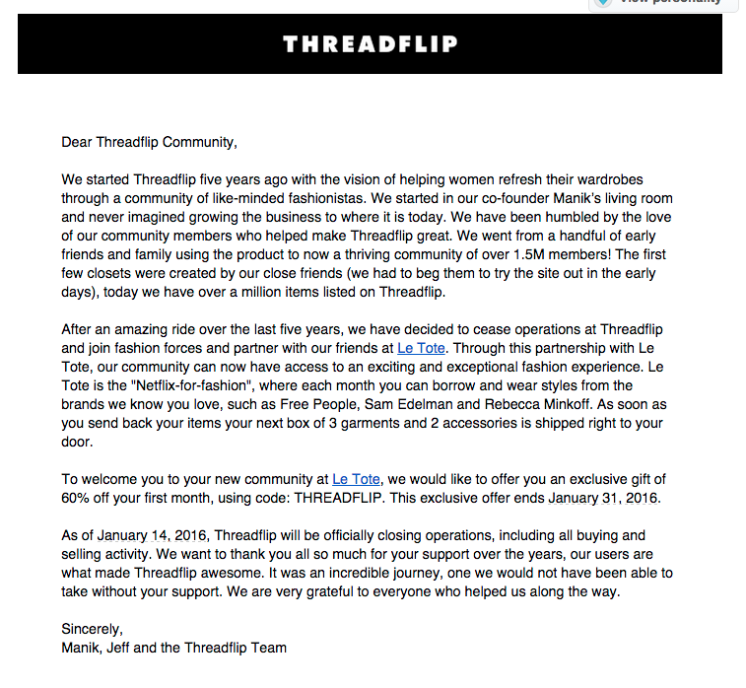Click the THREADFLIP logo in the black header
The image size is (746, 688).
[x=371, y=44]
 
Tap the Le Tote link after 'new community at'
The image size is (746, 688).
[x=355, y=479]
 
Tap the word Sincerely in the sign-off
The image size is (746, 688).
[x=92, y=629]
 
